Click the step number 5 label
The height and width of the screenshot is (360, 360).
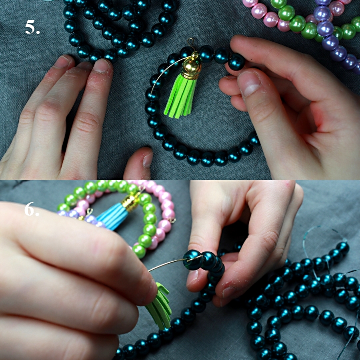[x=32, y=27]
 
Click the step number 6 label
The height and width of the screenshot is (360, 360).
[x=32, y=209]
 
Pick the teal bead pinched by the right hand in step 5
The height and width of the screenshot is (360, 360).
[x=236, y=62]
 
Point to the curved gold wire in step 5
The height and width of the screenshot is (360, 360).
[x=166, y=71]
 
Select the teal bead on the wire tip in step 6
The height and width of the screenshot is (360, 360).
[x=193, y=260]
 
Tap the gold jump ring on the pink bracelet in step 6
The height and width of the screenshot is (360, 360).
[x=172, y=220]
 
